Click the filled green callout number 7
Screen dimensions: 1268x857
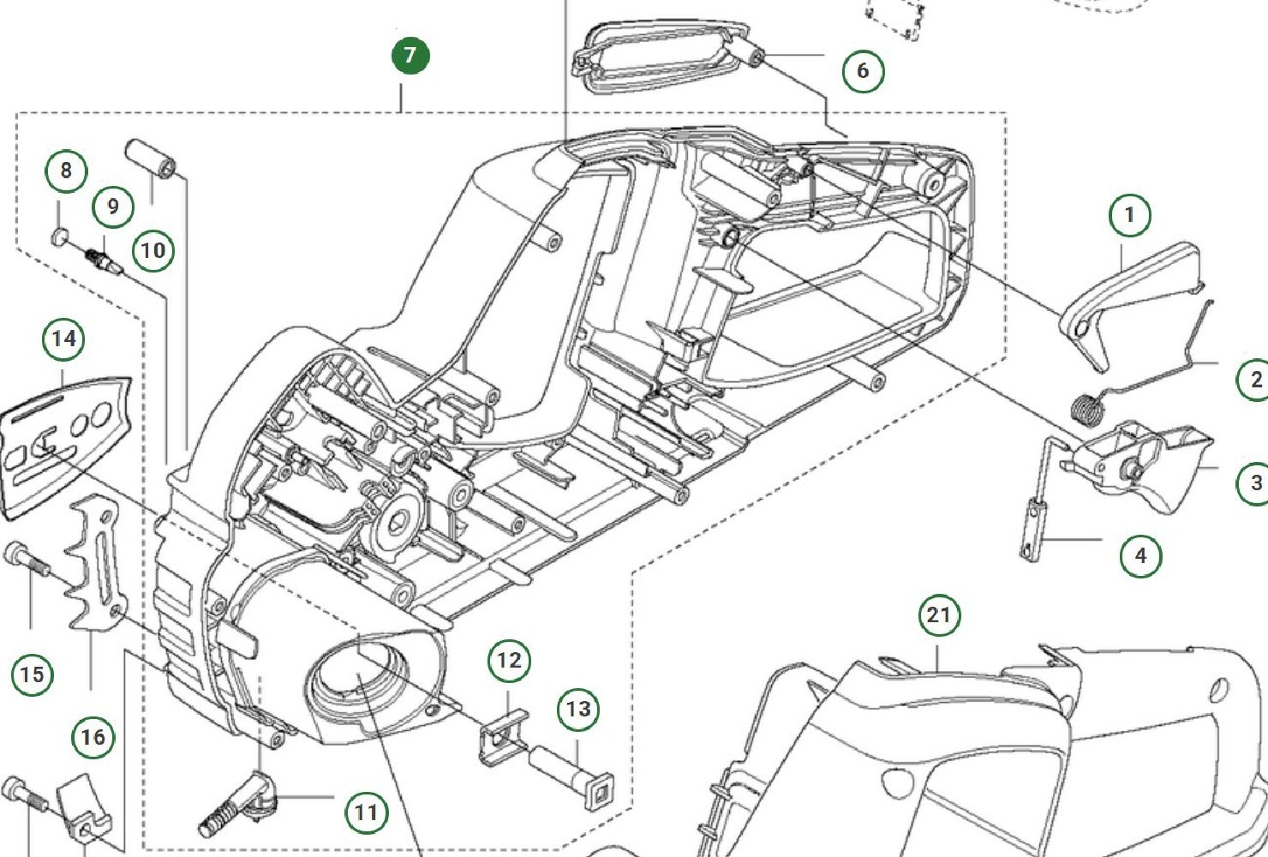pos(410,56)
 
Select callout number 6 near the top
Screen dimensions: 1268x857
pos(863,71)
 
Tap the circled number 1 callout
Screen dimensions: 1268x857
pos(1129,215)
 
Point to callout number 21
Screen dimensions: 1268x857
pos(939,615)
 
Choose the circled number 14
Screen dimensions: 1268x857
pos(63,339)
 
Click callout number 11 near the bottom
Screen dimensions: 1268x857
pos(366,812)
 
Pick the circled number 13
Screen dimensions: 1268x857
pos(578,710)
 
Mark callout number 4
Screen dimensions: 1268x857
pos(1140,556)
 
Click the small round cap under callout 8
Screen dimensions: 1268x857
pos(60,237)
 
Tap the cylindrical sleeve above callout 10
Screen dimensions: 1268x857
pos(152,159)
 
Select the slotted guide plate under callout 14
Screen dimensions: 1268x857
pos(66,446)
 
